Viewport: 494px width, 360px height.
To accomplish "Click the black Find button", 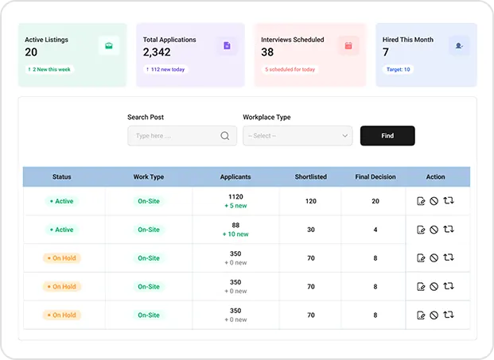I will pyautogui.click(x=387, y=136).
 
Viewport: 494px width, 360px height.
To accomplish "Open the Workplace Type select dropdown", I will pyautogui.click(x=298, y=136).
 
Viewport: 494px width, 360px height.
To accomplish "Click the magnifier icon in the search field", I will pyautogui.click(x=225, y=136).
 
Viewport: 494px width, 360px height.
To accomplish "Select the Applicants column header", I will pyautogui.click(x=235, y=176).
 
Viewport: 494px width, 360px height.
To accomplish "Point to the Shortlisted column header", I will pyautogui.click(x=311, y=176).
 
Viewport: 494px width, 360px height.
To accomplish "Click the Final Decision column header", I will pyautogui.click(x=375, y=176).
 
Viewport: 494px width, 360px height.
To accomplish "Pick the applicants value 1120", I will pyautogui.click(x=235, y=196).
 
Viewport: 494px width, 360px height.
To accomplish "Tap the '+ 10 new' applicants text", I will pyautogui.click(x=235, y=234).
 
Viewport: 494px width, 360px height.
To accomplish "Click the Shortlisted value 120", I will pyautogui.click(x=311, y=201).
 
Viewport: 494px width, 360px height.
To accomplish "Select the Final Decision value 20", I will pyautogui.click(x=375, y=201).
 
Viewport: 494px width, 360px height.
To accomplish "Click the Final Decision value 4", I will pyautogui.click(x=375, y=230).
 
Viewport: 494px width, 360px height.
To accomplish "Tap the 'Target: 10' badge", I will pyautogui.click(x=399, y=69).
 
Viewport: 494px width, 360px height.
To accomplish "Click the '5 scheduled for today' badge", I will pyautogui.click(x=290, y=69).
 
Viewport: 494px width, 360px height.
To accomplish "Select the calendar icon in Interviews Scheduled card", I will pyautogui.click(x=348, y=46).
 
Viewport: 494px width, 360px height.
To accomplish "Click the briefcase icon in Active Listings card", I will pyautogui.click(x=109, y=46).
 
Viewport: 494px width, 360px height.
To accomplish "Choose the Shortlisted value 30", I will pyautogui.click(x=311, y=230).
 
